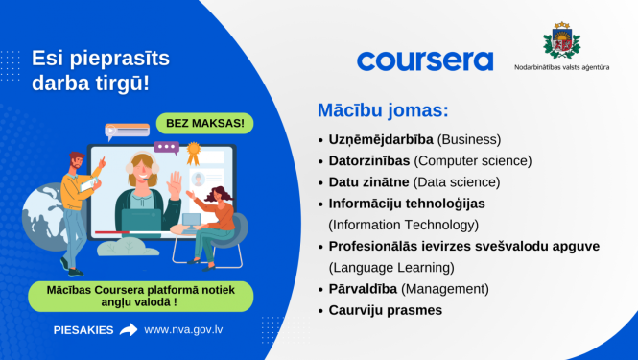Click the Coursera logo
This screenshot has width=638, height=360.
pos(425,60)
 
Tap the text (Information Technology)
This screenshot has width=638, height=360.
pos(403,225)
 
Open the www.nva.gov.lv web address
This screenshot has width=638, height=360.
pos(184,330)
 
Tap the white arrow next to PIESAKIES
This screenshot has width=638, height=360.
pos(129,330)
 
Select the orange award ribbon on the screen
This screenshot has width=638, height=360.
pos(192,152)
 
